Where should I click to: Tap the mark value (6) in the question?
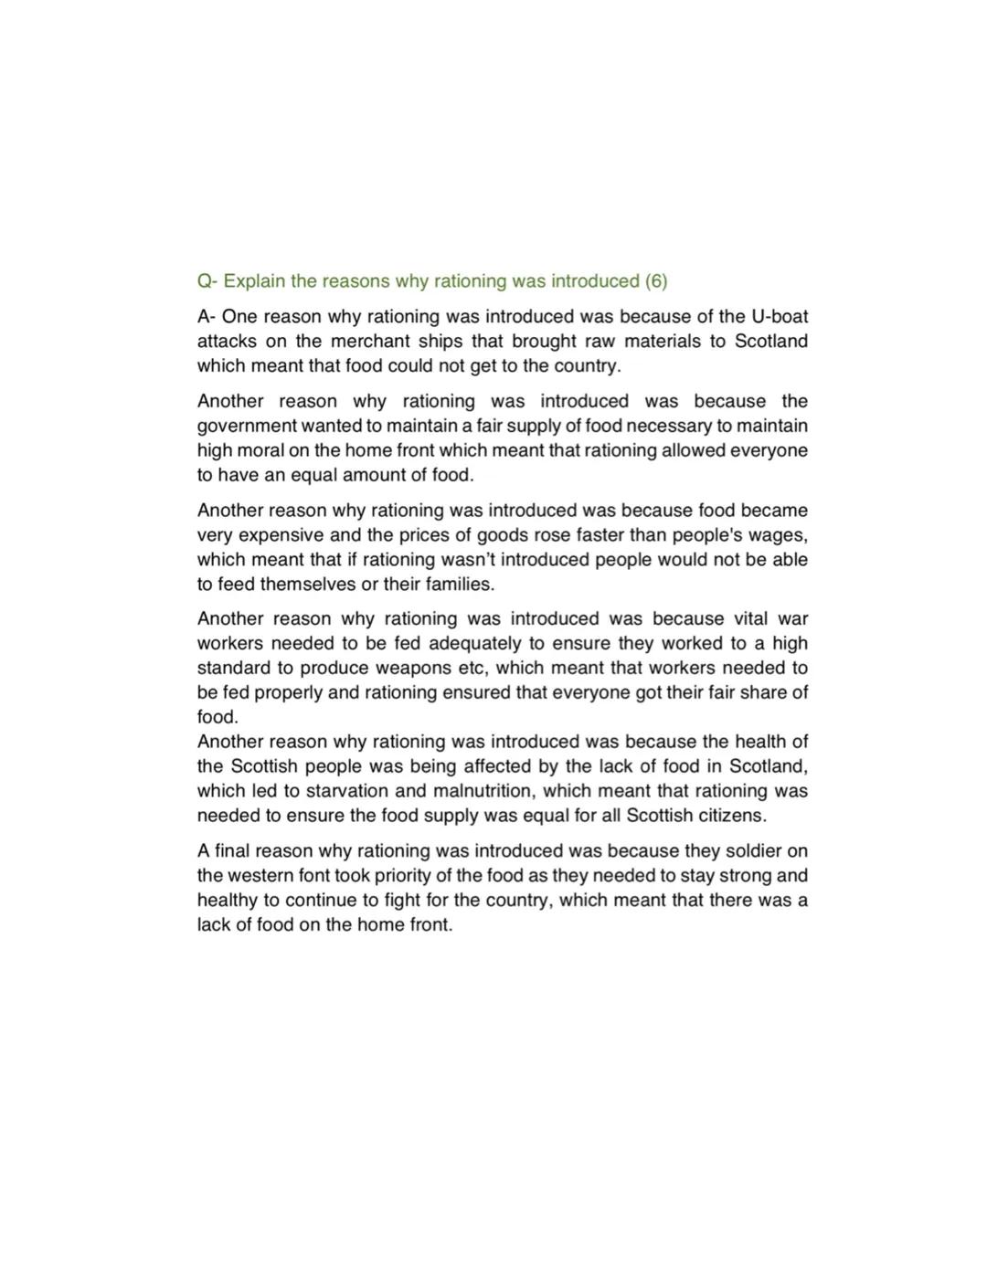click(x=656, y=281)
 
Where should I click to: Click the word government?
click(x=247, y=427)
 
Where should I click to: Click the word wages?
click(x=780, y=535)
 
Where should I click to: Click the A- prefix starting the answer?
click(x=207, y=317)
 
